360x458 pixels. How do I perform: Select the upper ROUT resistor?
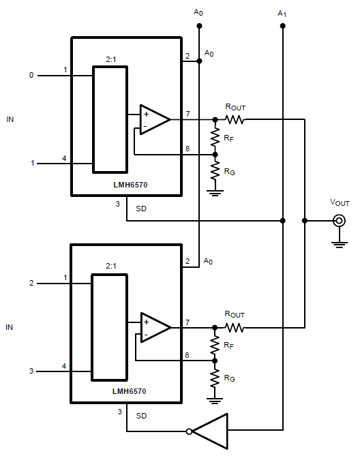(x=235, y=119)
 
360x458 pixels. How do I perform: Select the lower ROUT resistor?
(x=235, y=327)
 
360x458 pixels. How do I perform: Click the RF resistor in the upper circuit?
(x=215, y=136)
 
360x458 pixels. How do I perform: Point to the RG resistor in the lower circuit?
(x=215, y=377)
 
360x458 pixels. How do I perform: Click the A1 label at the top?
(x=282, y=12)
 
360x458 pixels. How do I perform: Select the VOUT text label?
(x=339, y=203)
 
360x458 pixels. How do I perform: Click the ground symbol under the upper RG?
(x=215, y=192)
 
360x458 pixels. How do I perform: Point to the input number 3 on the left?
(x=31, y=371)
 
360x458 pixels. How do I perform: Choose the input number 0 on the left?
(x=31, y=75)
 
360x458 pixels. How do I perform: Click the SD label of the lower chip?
(x=141, y=415)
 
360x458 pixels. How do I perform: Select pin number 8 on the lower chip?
(x=187, y=354)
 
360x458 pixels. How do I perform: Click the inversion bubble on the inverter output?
(x=189, y=431)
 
